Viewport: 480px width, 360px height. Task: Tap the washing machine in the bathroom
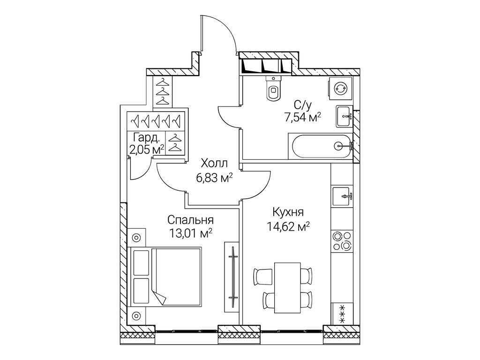tap(340, 89)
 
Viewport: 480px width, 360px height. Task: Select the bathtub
tap(321, 147)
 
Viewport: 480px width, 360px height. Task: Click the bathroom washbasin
tap(345, 116)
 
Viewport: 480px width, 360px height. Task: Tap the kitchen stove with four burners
tap(342, 241)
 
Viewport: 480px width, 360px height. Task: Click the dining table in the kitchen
tap(287, 287)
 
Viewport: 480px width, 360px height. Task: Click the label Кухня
tap(288, 212)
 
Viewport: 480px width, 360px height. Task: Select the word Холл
tap(214, 164)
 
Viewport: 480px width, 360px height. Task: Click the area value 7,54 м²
tap(303, 117)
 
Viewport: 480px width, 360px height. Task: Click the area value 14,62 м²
tap(288, 226)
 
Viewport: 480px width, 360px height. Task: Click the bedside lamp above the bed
tap(136, 238)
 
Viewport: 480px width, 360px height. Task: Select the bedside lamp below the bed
tap(136, 315)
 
